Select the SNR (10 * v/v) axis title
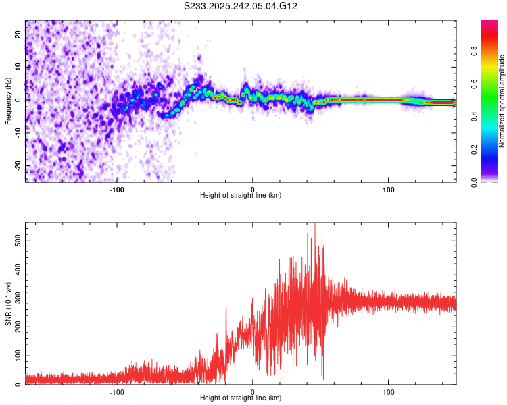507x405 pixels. (x=8, y=304)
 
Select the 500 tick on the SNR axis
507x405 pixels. (x=16, y=240)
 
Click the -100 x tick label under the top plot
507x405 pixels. (x=117, y=190)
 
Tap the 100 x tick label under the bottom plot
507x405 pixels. (x=389, y=392)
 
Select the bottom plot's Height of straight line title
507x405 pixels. (x=241, y=398)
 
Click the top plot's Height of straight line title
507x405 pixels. (x=241, y=196)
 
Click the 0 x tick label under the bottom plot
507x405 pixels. (x=253, y=392)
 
